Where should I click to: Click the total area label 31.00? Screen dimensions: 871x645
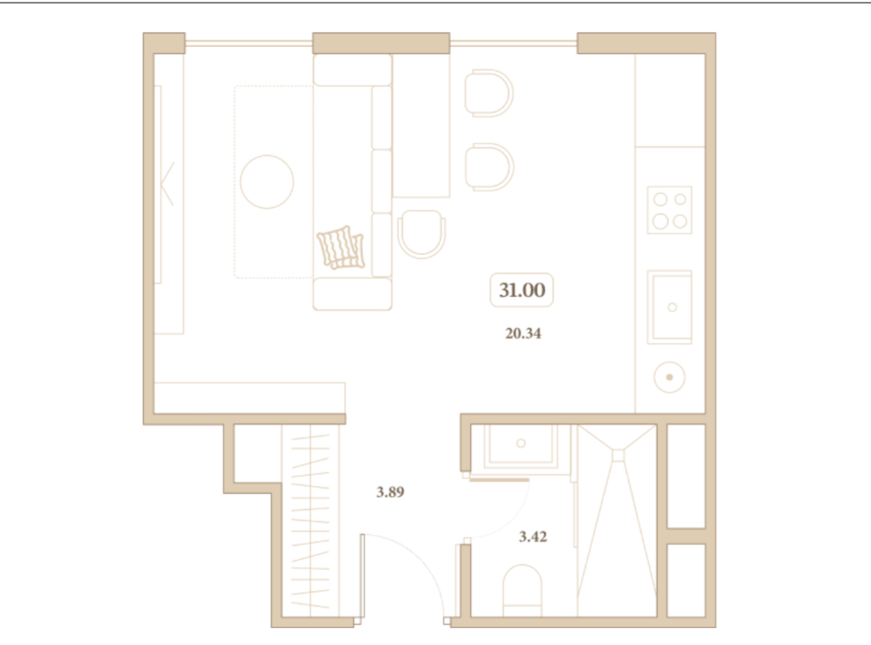point(521,290)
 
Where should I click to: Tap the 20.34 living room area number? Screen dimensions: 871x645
point(523,334)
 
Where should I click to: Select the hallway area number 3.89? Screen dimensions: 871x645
point(390,492)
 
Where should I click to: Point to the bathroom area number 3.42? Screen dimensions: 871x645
point(533,536)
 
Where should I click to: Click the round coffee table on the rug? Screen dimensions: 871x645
point(267,181)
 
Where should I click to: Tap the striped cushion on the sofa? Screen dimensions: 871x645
point(341,248)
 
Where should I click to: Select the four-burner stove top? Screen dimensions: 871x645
point(670,210)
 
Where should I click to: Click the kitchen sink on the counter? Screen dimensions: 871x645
point(670,307)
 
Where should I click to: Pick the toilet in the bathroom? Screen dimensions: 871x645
point(523,591)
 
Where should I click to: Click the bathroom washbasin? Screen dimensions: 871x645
point(521,447)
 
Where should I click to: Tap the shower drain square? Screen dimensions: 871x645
point(618,455)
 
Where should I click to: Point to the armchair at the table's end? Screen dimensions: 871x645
point(422,234)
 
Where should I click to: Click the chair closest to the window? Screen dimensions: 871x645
point(489,93)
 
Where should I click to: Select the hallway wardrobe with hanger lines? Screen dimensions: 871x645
point(310,521)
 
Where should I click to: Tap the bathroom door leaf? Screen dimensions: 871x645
point(499,480)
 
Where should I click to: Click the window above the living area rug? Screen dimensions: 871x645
point(248,43)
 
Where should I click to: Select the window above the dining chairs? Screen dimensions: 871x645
point(513,43)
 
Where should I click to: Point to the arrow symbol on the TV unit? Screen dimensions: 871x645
point(167,184)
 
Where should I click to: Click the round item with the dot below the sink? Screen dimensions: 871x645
point(670,377)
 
